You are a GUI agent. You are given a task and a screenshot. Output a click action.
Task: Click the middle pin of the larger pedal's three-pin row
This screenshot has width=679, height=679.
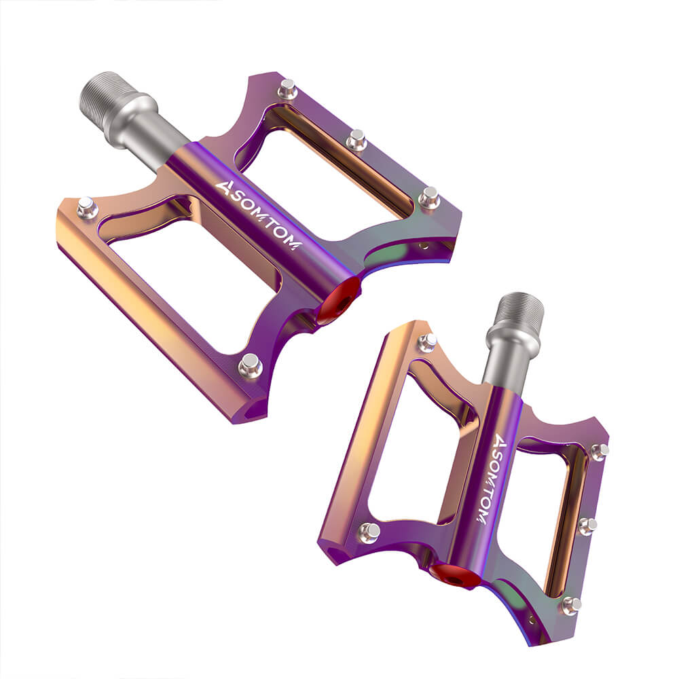click(356, 140)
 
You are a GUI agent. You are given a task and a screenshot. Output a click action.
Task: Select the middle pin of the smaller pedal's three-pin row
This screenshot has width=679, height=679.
click(588, 525)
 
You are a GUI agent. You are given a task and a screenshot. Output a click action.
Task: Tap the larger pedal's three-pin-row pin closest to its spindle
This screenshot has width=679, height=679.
click(287, 88)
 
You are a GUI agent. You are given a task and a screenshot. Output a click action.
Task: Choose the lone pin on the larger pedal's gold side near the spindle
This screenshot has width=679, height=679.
click(88, 207)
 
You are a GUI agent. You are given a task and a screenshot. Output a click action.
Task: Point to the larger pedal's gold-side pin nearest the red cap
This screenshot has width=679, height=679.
click(250, 365)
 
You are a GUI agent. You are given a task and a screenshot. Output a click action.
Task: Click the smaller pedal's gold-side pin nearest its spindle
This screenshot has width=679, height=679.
click(427, 342)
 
